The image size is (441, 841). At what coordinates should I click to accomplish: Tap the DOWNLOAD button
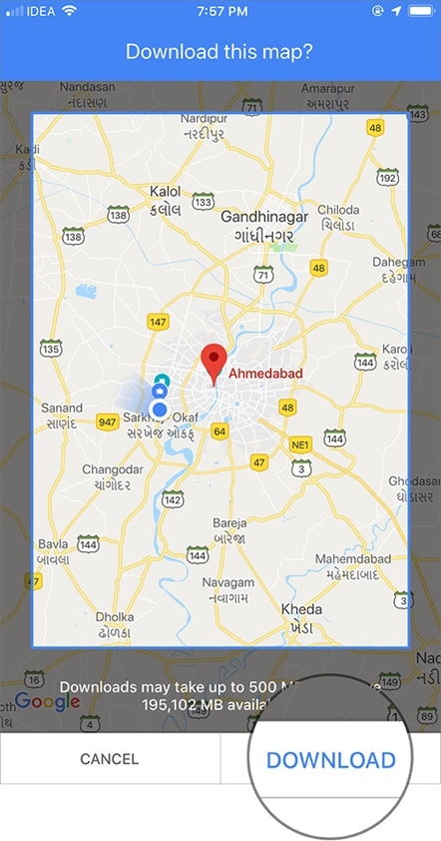[x=330, y=760]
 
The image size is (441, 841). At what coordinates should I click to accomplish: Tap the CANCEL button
[x=110, y=760]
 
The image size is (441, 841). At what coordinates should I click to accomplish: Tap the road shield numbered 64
[x=220, y=430]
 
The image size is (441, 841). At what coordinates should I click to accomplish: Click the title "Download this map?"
[x=220, y=51]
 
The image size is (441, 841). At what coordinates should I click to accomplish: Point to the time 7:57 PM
[x=220, y=11]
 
